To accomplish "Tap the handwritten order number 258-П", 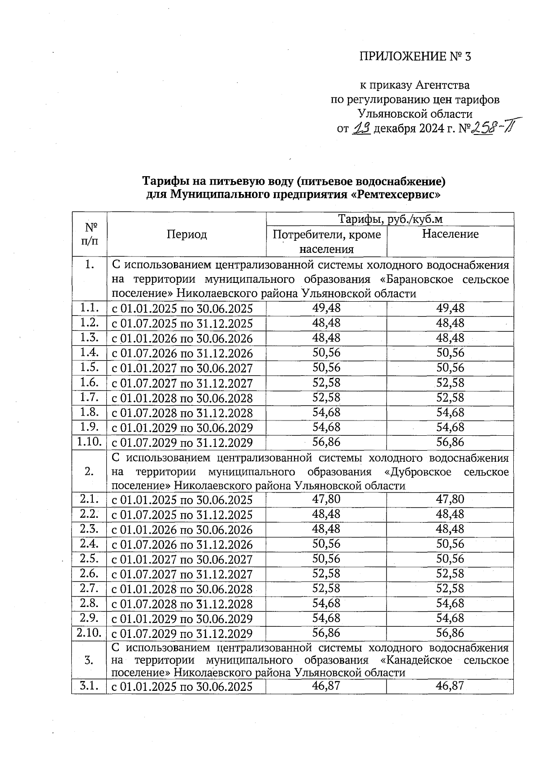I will pyautogui.click(x=491, y=130).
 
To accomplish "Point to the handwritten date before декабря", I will pyautogui.click(x=361, y=129).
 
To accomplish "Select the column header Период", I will pyautogui.click(x=187, y=234).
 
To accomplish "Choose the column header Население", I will pyautogui.click(x=450, y=234).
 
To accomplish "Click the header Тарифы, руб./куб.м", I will pyautogui.click(x=390, y=219).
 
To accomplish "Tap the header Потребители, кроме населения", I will pyautogui.click(x=326, y=241).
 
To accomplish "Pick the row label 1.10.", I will pyautogui.click(x=89, y=442).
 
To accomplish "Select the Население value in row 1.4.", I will pyautogui.click(x=450, y=353).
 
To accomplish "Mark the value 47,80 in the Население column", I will pyautogui.click(x=450, y=499).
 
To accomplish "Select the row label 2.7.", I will pyautogui.click(x=89, y=588).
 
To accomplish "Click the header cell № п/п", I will pyautogui.click(x=89, y=234).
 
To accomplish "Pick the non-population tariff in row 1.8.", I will pyautogui.click(x=326, y=412).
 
